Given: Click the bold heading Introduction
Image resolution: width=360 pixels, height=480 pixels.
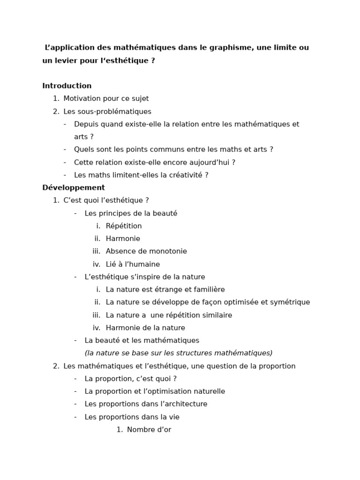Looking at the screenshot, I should click(67, 86).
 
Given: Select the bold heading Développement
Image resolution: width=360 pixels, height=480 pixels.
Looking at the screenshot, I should click(74, 187).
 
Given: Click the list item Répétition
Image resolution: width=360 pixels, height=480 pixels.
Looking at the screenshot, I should click(124, 226).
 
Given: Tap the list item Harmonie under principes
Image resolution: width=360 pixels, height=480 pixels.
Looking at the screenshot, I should click(123, 239).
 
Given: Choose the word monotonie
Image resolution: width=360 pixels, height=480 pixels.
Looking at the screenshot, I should click(168, 251).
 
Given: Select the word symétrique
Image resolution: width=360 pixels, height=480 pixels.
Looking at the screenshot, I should click(289, 302).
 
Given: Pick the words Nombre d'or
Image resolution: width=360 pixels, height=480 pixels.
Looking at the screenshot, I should click(149, 429).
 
